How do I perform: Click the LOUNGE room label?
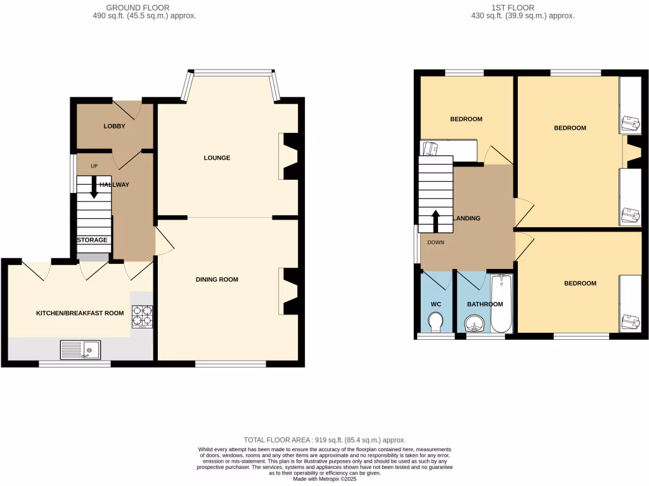tap(217, 158)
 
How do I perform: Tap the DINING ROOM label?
tap(217, 279)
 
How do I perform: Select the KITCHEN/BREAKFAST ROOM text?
tap(79, 313)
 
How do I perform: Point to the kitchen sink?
tap(80, 349)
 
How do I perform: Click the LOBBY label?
tap(115, 126)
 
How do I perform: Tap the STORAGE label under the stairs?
tap(93, 240)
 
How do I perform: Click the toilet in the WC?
tap(435, 323)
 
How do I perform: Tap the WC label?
tap(435, 304)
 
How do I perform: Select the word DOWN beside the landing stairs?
tap(435, 242)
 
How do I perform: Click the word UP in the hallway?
tap(94, 166)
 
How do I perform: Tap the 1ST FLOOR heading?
tap(522, 8)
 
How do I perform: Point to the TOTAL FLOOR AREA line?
tap(324, 440)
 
